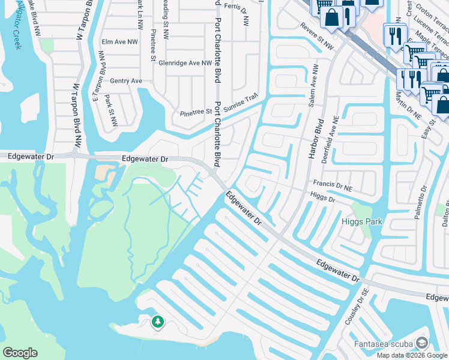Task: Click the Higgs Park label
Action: (x=362, y=221)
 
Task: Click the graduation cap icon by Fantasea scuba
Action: (x=423, y=343)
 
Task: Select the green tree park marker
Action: (x=157, y=322)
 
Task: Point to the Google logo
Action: (x=20, y=353)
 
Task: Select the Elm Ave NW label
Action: (x=119, y=42)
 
